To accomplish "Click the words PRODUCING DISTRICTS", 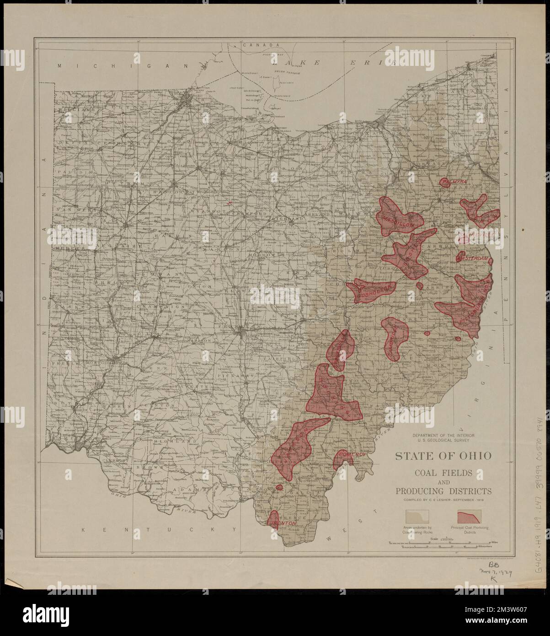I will pos(443,491).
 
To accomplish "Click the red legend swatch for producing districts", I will pos(469,517).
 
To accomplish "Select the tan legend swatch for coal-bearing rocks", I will pos(417,517).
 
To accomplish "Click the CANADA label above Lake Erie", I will pos(261,45).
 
